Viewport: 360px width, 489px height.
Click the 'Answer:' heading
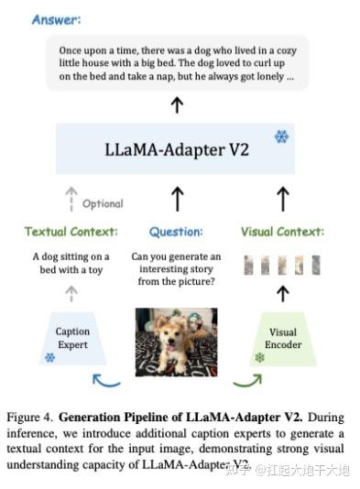pyautogui.click(x=56, y=19)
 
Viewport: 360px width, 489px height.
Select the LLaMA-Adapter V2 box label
pyautogui.click(x=165, y=148)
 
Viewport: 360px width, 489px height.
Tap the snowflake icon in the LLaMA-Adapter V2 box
pyautogui.click(x=280, y=136)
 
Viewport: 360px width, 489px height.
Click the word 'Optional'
pyautogui.click(x=102, y=203)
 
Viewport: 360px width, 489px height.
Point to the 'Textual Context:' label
pyautogui.click(x=71, y=232)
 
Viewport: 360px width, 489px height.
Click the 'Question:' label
pyautogui.click(x=175, y=232)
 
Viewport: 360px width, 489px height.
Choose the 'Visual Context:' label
pyautogui.click(x=282, y=232)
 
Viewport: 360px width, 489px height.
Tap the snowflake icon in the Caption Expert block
pyautogui.click(x=49, y=356)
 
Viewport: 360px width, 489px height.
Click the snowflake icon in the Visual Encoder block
pyautogui.click(x=259, y=356)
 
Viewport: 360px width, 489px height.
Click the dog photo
pyautogui.click(x=176, y=341)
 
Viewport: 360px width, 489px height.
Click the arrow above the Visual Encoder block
pyautogui.click(x=282, y=292)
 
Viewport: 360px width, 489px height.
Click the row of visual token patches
pyautogui.click(x=282, y=265)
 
